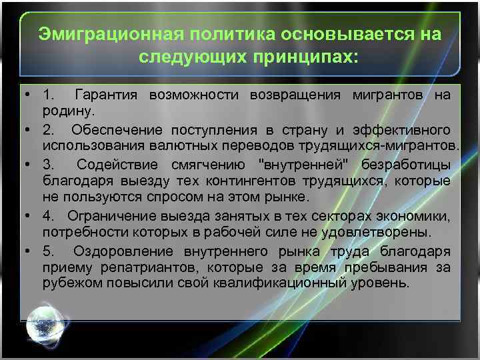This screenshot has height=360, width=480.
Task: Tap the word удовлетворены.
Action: click(388, 232)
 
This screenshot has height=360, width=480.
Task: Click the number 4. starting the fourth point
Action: click(48, 215)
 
